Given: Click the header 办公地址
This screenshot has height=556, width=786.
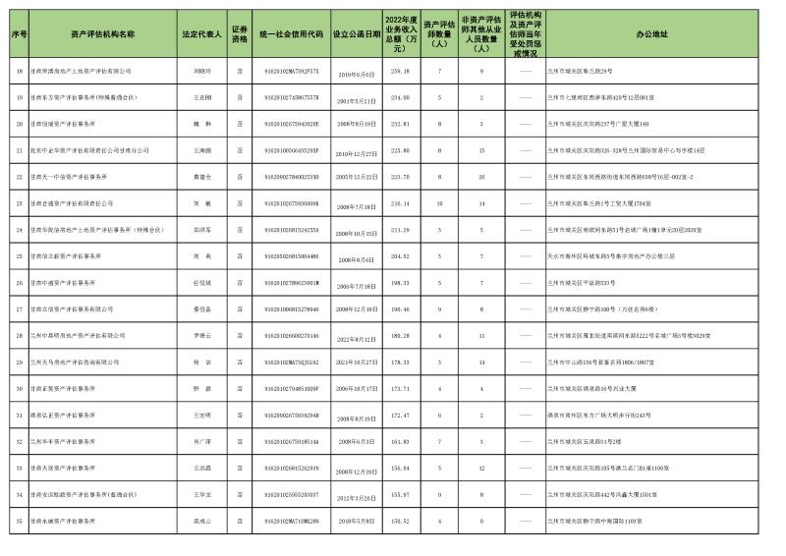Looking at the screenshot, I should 651,33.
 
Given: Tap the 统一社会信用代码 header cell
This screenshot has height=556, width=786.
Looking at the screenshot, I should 292,33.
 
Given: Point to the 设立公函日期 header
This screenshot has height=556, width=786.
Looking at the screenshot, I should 356,33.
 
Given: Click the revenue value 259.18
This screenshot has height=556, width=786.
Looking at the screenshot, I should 400,72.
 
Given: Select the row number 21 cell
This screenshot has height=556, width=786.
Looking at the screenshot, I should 19,150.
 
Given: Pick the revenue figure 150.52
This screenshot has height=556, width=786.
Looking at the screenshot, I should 400,522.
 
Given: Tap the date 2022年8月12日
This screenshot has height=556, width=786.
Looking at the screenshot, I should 356,336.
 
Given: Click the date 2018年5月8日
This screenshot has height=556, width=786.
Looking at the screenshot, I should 356,522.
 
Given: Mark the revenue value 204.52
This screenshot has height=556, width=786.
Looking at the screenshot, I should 400,256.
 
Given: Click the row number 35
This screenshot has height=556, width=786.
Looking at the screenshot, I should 19,522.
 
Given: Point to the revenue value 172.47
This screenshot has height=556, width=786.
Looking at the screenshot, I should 400,416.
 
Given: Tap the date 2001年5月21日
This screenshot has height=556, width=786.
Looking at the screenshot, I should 356,98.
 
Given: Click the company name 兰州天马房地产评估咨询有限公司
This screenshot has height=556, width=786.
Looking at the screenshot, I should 84,362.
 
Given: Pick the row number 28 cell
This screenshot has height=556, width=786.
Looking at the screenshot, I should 19,336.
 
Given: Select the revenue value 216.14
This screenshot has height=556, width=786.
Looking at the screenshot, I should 400,203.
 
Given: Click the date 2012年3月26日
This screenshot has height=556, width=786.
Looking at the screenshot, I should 356,495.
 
